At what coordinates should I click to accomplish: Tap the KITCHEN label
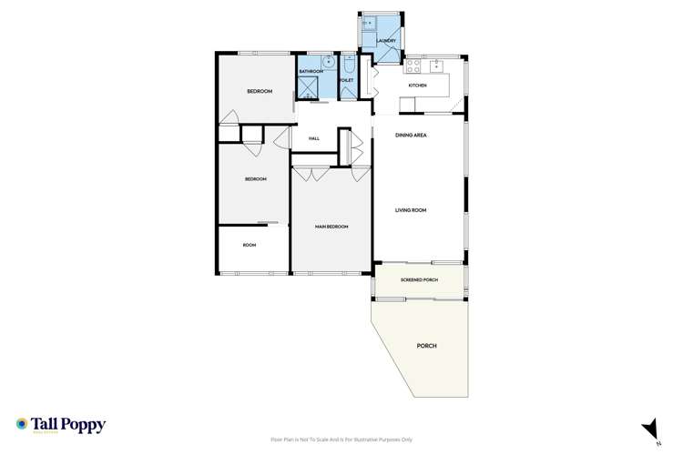point(417,86)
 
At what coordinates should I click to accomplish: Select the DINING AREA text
point(412,136)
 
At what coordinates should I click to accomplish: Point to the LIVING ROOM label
point(411,210)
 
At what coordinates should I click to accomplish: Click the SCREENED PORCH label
point(419,279)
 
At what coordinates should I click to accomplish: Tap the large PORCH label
point(426,347)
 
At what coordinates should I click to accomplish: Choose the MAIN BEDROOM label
point(331,227)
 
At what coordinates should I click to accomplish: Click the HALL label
point(314,138)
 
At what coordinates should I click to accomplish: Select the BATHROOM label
point(311,70)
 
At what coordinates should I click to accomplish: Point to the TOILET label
point(346,80)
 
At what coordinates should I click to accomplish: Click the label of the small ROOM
point(250,245)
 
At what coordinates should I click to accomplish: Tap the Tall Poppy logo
point(60,425)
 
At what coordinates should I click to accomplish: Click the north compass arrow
point(649,429)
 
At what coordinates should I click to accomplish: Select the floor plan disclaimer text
point(341,439)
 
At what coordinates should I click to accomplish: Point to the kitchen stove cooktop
point(413,66)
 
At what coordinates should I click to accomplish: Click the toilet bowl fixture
point(350,64)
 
